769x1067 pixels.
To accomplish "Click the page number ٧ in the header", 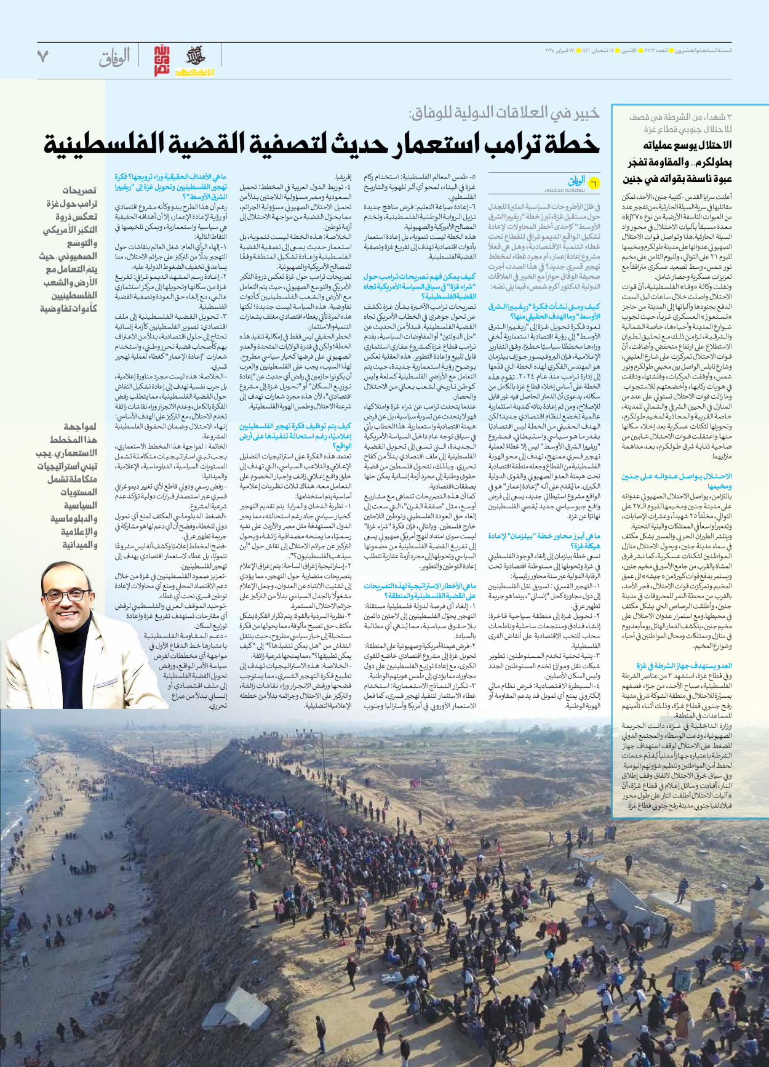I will [x=42, y=57].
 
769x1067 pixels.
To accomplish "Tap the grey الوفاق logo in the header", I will [x=114, y=58].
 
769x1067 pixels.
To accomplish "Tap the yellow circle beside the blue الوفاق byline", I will [x=593, y=182].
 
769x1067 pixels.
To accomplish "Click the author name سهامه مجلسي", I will [x=558, y=191].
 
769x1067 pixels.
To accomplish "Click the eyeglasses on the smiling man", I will [x=64, y=596].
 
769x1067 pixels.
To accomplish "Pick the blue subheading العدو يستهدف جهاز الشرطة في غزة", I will [x=684, y=665].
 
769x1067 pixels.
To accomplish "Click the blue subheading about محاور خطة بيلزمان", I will [x=544, y=540].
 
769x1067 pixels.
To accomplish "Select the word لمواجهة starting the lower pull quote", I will [x=81, y=426].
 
